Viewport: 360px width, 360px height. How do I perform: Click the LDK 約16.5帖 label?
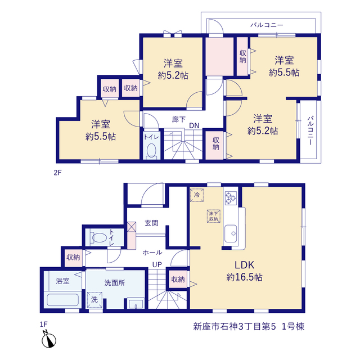pos(244,271)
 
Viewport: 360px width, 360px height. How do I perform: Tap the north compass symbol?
pos(49,340)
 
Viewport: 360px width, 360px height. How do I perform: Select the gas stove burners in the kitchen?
pos(231,198)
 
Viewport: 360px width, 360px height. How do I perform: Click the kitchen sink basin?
pos(231,233)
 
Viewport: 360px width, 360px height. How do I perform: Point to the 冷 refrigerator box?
pos(197,195)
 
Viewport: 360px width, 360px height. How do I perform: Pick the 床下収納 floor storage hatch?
pos(214,216)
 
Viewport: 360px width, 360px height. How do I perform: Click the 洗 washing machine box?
pos(94,300)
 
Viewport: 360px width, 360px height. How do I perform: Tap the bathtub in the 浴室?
pos(62,300)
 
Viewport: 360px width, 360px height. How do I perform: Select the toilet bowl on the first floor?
pos(99,237)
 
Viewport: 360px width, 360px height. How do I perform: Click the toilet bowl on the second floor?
pos(151,150)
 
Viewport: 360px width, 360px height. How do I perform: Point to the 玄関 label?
pos(151,223)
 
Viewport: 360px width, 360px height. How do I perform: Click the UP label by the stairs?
pos(157,265)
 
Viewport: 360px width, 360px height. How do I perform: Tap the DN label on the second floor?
pos(194,125)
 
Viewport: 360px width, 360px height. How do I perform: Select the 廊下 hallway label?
pos(179,119)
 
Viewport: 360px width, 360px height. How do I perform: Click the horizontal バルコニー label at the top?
pos(267,25)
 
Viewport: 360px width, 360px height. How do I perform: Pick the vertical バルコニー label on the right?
pos(310,130)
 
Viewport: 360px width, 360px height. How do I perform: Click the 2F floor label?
pos(57,173)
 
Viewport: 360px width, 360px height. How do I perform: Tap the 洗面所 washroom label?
pos(115,283)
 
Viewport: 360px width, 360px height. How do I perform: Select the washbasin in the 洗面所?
pos(136,304)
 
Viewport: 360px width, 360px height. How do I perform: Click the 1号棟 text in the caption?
pos(293,326)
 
